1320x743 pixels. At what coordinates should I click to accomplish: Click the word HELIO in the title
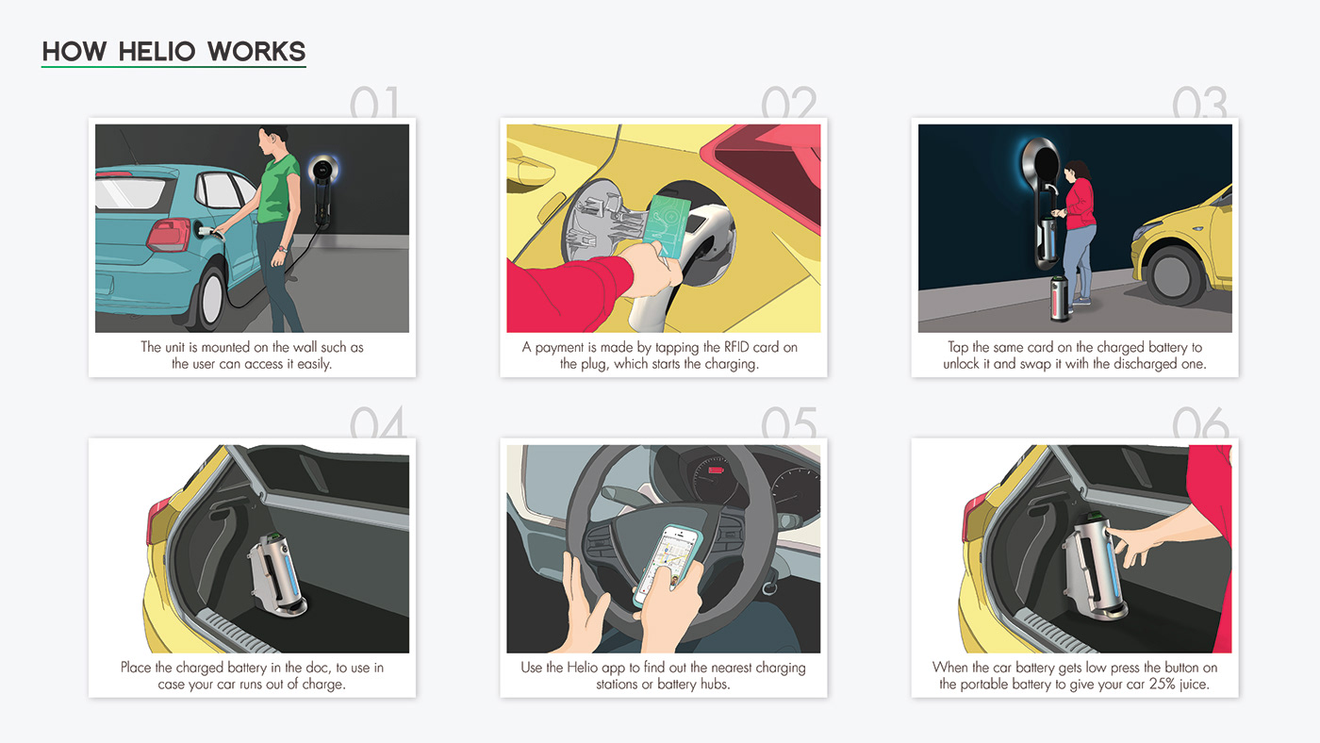coord(157,51)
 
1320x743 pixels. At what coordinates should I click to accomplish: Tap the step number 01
coord(375,102)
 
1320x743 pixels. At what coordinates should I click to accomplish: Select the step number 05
coord(789,422)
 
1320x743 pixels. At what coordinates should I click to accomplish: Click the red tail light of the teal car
coord(169,234)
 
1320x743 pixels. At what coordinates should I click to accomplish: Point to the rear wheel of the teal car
coord(210,299)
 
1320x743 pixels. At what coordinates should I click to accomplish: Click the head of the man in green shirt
coord(272,140)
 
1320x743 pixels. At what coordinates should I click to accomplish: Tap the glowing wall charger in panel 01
coord(322,190)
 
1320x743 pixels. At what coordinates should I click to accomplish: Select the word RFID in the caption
coord(736,347)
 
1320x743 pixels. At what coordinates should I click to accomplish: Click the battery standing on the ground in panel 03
coord(1060,299)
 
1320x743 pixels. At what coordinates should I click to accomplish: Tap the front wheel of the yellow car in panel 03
coord(1175,275)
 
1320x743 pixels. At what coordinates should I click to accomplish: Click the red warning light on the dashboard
coord(716,470)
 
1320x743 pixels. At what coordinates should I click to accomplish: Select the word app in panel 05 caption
coord(616,669)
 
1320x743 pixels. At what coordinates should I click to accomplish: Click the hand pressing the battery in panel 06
coord(1132,545)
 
